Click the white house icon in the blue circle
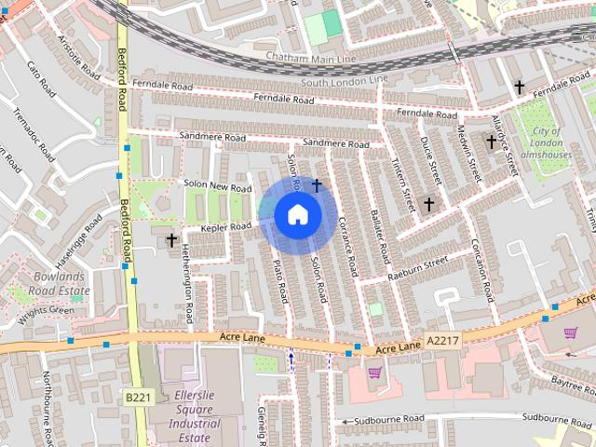tap(297, 215)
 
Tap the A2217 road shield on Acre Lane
tap(443, 342)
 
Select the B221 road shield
tap(138, 397)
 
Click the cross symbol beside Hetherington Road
tap(171, 240)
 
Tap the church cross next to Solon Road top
tap(317, 185)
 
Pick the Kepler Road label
tap(227, 227)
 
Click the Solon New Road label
tap(218, 187)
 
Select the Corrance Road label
tap(348, 247)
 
